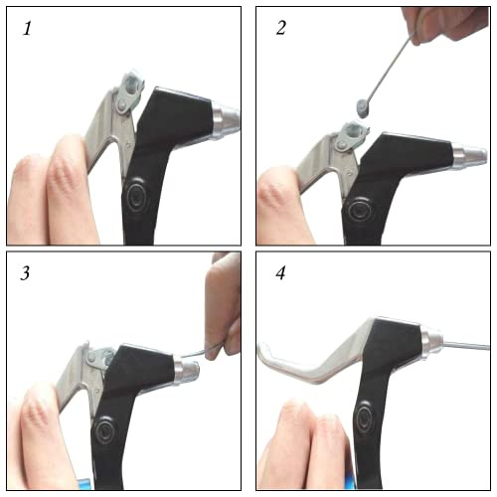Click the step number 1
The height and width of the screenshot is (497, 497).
27,28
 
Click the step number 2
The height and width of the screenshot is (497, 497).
281,28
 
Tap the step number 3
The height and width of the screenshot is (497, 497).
25,273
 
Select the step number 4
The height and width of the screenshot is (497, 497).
280,273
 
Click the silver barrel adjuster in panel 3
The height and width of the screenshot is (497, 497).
186,369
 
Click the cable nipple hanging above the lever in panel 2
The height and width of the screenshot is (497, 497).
363,108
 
